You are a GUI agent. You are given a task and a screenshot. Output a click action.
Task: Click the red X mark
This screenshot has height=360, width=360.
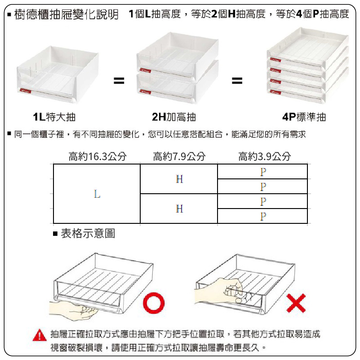(x=296, y=303)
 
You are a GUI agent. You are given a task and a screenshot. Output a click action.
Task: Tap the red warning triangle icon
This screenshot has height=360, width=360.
(x=40, y=335)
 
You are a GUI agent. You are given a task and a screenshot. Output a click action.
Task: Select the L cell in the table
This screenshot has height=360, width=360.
(x=97, y=194)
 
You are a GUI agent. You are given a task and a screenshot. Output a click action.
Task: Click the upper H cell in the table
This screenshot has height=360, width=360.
(x=179, y=179)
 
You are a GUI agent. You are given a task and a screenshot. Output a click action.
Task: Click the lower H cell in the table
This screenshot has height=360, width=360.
(x=179, y=209)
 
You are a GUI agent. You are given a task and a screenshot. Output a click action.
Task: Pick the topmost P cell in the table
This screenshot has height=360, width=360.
(x=262, y=172)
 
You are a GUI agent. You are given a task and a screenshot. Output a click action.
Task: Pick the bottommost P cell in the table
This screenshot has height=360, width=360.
(x=262, y=216)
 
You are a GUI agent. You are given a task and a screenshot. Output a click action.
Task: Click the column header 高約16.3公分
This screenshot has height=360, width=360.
(x=98, y=156)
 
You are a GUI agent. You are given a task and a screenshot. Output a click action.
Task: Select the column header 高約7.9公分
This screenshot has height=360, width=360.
(x=179, y=156)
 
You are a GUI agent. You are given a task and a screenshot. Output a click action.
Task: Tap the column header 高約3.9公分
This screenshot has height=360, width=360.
(x=264, y=156)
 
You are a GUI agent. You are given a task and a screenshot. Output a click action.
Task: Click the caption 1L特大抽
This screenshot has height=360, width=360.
(x=54, y=117)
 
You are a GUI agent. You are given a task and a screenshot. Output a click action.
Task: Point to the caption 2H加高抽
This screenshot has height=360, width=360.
(x=174, y=117)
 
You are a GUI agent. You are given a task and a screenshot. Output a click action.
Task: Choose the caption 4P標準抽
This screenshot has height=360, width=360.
(x=304, y=117)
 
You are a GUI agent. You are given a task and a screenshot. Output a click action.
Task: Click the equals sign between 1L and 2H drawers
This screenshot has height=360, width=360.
(x=119, y=80)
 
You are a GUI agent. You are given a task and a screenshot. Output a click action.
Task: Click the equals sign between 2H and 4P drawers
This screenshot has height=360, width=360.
(x=237, y=80)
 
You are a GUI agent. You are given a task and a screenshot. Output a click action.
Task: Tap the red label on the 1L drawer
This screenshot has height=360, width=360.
(x=25, y=91)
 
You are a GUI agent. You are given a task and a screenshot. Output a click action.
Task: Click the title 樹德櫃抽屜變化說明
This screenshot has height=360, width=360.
(x=67, y=14)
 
